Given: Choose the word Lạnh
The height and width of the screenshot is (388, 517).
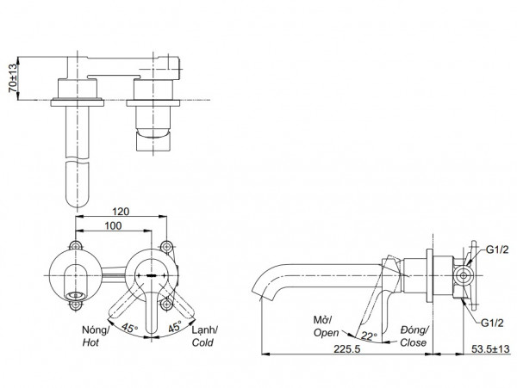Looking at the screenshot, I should pyautogui.click(x=203, y=329).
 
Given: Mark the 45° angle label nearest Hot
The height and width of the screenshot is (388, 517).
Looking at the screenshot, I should pyautogui.click(x=128, y=328).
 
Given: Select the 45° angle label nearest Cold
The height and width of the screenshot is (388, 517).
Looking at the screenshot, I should pyautogui.click(x=172, y=328).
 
